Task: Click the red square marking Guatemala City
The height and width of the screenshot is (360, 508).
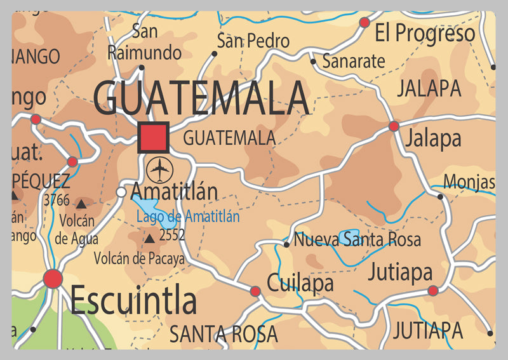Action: point(153,137)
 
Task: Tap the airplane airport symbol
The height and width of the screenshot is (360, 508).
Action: point(159,170)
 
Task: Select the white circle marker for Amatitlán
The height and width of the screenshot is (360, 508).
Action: point(121,192)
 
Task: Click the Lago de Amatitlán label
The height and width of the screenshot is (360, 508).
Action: point(188,217)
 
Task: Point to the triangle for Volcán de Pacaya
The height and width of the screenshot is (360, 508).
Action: point(149,239)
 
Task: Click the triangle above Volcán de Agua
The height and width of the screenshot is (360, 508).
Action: point(81,204)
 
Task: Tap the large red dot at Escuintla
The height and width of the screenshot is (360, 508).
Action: point(53,278)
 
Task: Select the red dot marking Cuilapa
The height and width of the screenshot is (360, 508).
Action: point(255,291)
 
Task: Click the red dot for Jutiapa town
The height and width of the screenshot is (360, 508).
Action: point(433,291)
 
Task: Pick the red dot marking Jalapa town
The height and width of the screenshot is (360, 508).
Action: point(394,126)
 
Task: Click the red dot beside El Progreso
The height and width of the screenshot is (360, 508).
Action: point(364,23)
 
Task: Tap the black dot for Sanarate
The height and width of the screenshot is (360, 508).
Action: point(313,62)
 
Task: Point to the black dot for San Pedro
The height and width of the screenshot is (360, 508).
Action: point(215,54)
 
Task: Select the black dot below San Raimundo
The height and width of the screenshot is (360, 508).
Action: point(141,67)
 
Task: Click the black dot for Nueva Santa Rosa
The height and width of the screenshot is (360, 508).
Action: point(286,244)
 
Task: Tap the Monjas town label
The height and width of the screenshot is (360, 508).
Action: point(469,182)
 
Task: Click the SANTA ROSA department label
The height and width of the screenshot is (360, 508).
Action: point(224,333)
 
